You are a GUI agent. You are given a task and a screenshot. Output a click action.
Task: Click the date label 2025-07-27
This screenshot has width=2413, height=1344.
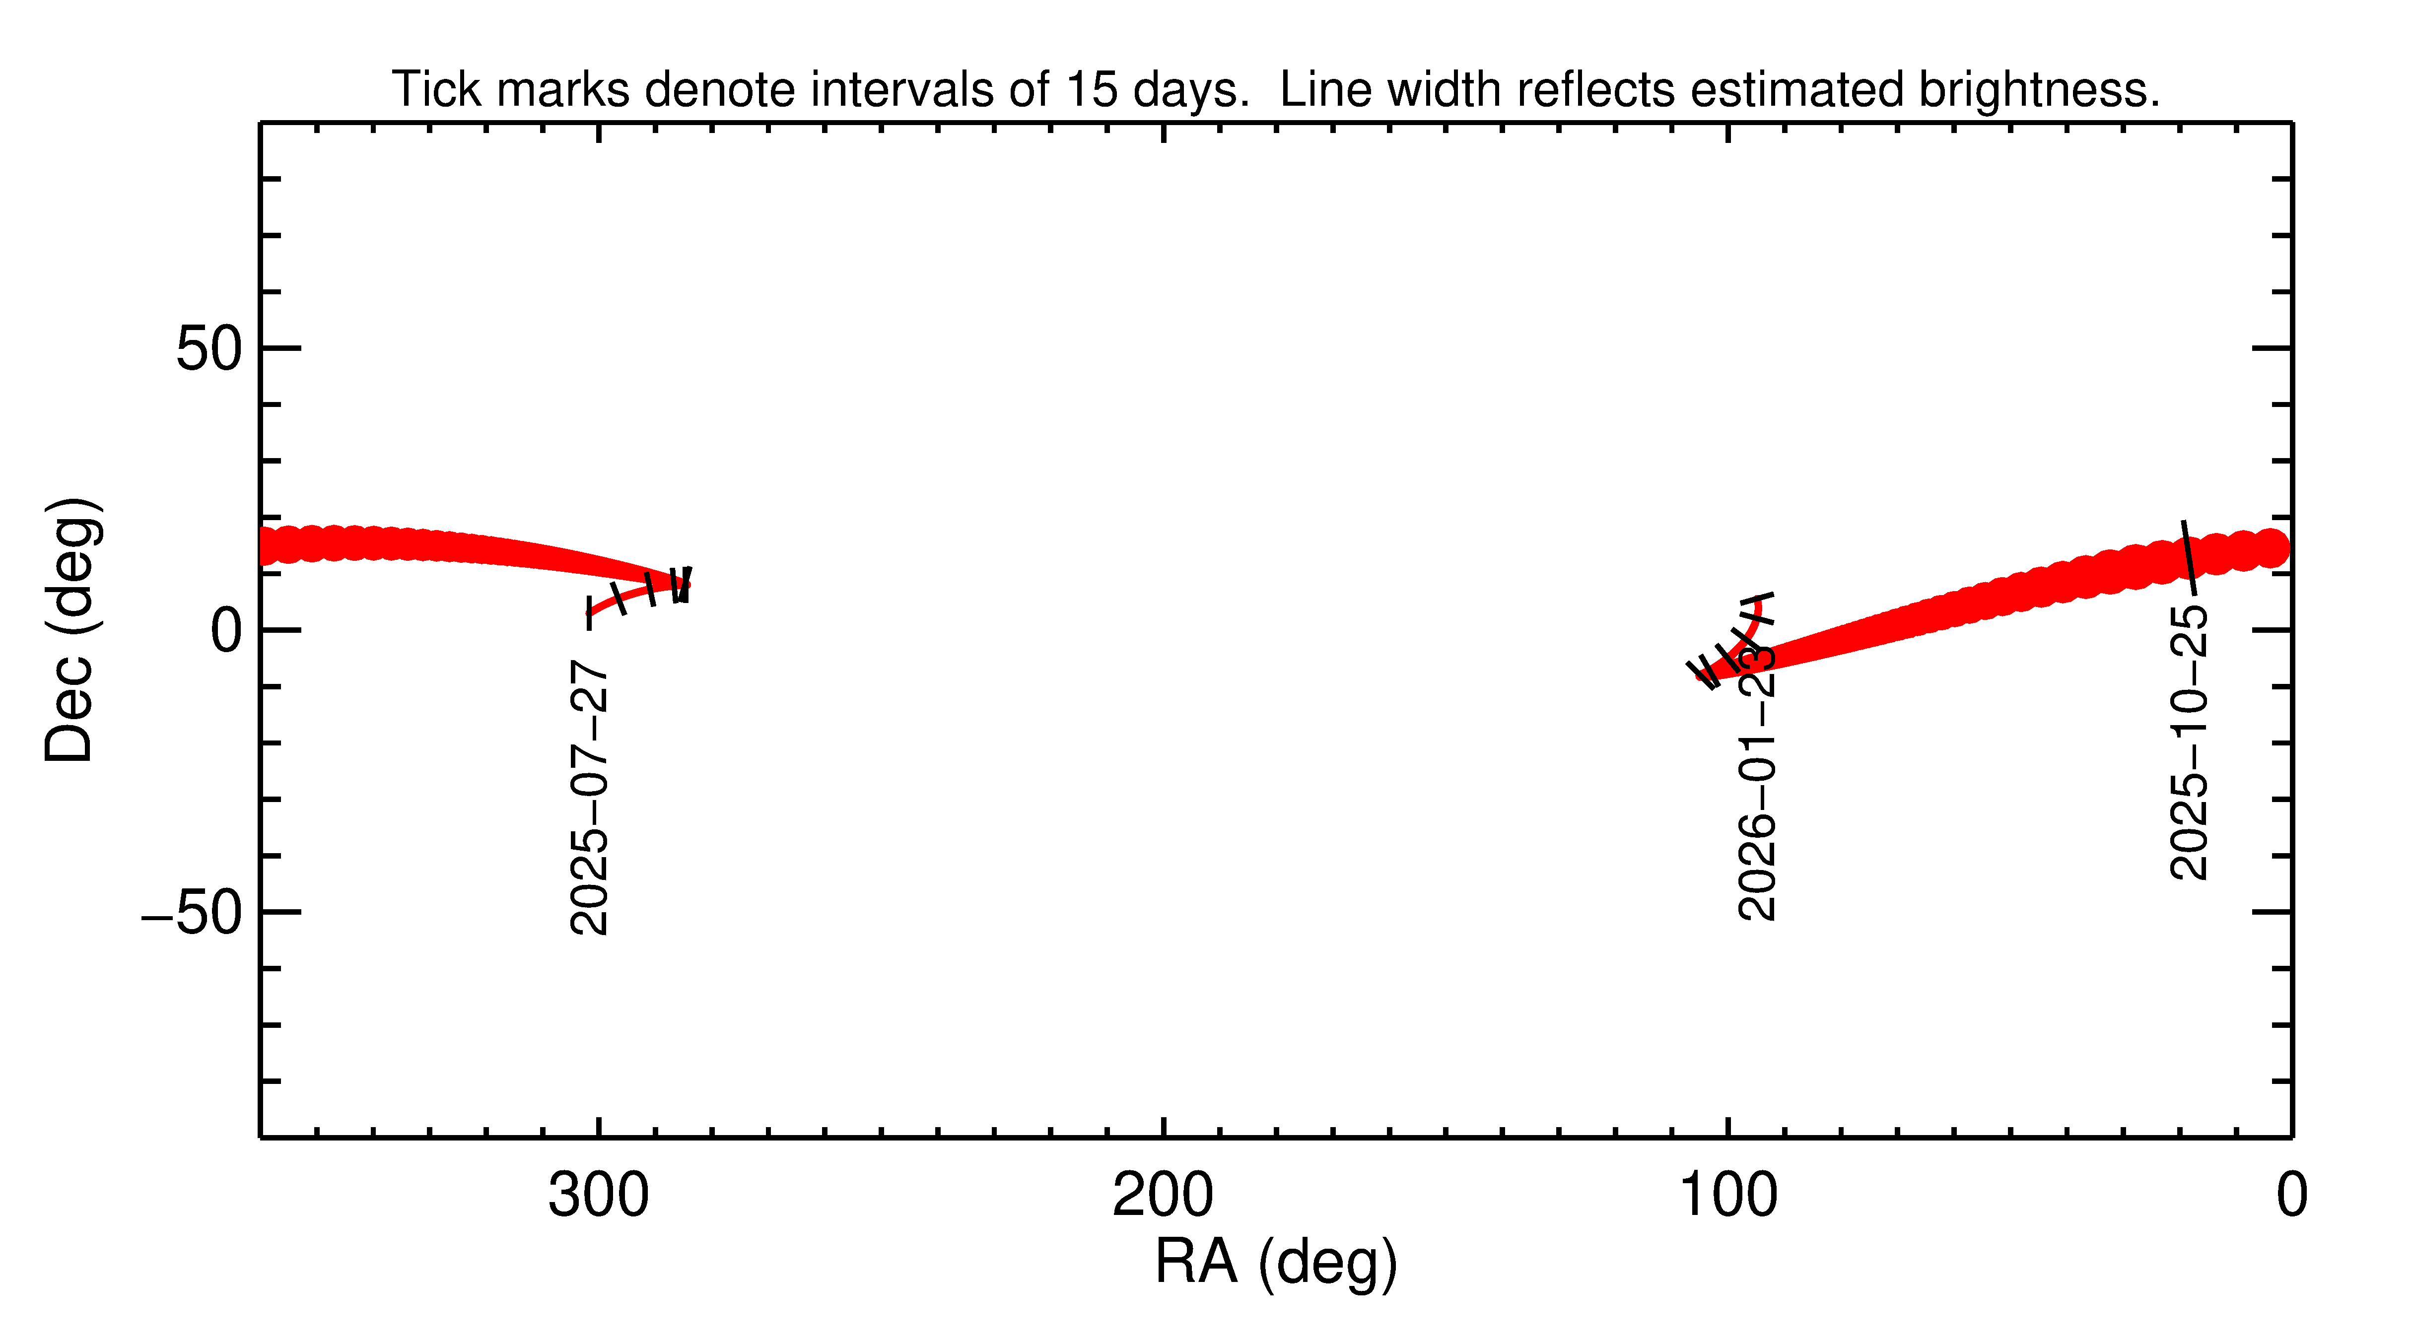click(589, 797)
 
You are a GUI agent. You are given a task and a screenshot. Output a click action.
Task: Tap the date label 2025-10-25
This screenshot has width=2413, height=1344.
click(2189, 742)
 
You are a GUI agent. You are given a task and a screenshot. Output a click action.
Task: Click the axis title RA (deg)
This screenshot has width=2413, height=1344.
click(1276, 1263)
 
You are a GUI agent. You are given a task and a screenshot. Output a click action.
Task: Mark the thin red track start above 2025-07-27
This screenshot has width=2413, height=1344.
click(590, 613)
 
